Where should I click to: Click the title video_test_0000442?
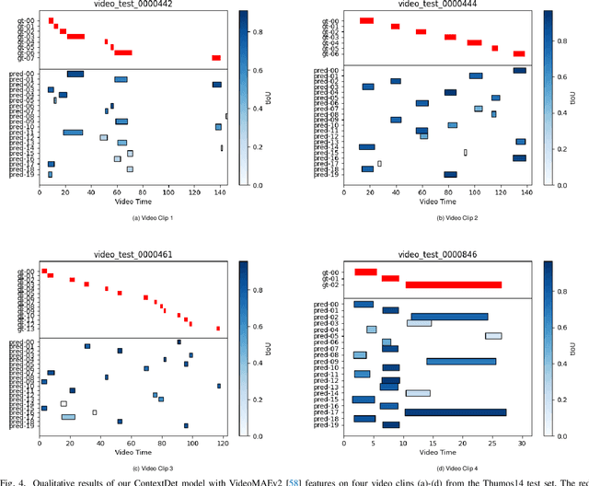tap(133, 6)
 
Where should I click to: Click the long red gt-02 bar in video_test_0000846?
tap(454, 284)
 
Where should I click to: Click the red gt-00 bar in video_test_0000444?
tap(366, 20)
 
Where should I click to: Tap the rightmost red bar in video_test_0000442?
tap(216, 58)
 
